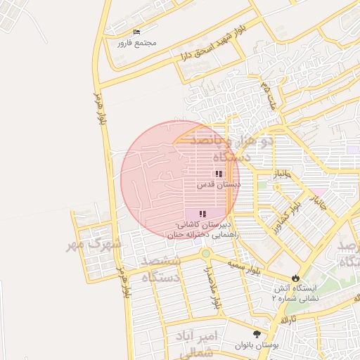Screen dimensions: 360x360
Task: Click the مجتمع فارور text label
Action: (x=136, y=43)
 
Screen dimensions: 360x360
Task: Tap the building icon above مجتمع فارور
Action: (x=136, y=32)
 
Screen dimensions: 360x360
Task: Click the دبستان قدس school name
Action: (x=218, y=184)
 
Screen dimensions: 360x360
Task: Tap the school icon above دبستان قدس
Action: (x=219, y=173)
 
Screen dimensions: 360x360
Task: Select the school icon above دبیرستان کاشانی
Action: (x=202, y=213)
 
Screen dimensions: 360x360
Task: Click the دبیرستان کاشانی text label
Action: (x=200, y=224)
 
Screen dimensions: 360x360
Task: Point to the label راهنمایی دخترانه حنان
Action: (x=203, y=235)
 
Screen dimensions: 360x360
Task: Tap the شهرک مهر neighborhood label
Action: (x=97, y=246)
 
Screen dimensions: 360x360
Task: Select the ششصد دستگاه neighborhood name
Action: (x=161, y=269)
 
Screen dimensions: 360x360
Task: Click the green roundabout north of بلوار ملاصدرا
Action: (x=205, y=253)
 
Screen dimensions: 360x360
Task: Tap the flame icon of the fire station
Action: (x=295, y=278)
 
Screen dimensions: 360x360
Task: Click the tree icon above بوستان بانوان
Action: (x=256, y=334)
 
